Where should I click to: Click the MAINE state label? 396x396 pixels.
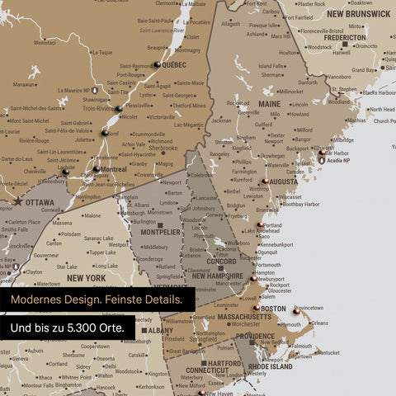click(x=269, y=105)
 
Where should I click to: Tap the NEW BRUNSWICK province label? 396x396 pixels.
click(x=358, y=14)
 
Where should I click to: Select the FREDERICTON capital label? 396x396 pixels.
click(x=345, y=38)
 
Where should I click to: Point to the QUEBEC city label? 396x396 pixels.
click(x=174, y=65)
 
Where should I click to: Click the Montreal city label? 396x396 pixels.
click(x=112, y=169)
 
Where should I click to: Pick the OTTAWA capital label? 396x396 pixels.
click(x=40, y=202)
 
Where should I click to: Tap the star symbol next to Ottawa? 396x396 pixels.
click(x=17, y=201)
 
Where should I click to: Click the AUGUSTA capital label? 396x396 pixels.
click(x=283, y=181)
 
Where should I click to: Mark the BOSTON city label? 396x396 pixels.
click(x=273, y=309)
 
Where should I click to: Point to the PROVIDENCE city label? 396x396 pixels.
click(x=255, y=337)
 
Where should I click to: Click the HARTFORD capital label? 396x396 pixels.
click(x=224, y=363)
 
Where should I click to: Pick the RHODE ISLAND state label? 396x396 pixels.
click(x=270, y=367)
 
